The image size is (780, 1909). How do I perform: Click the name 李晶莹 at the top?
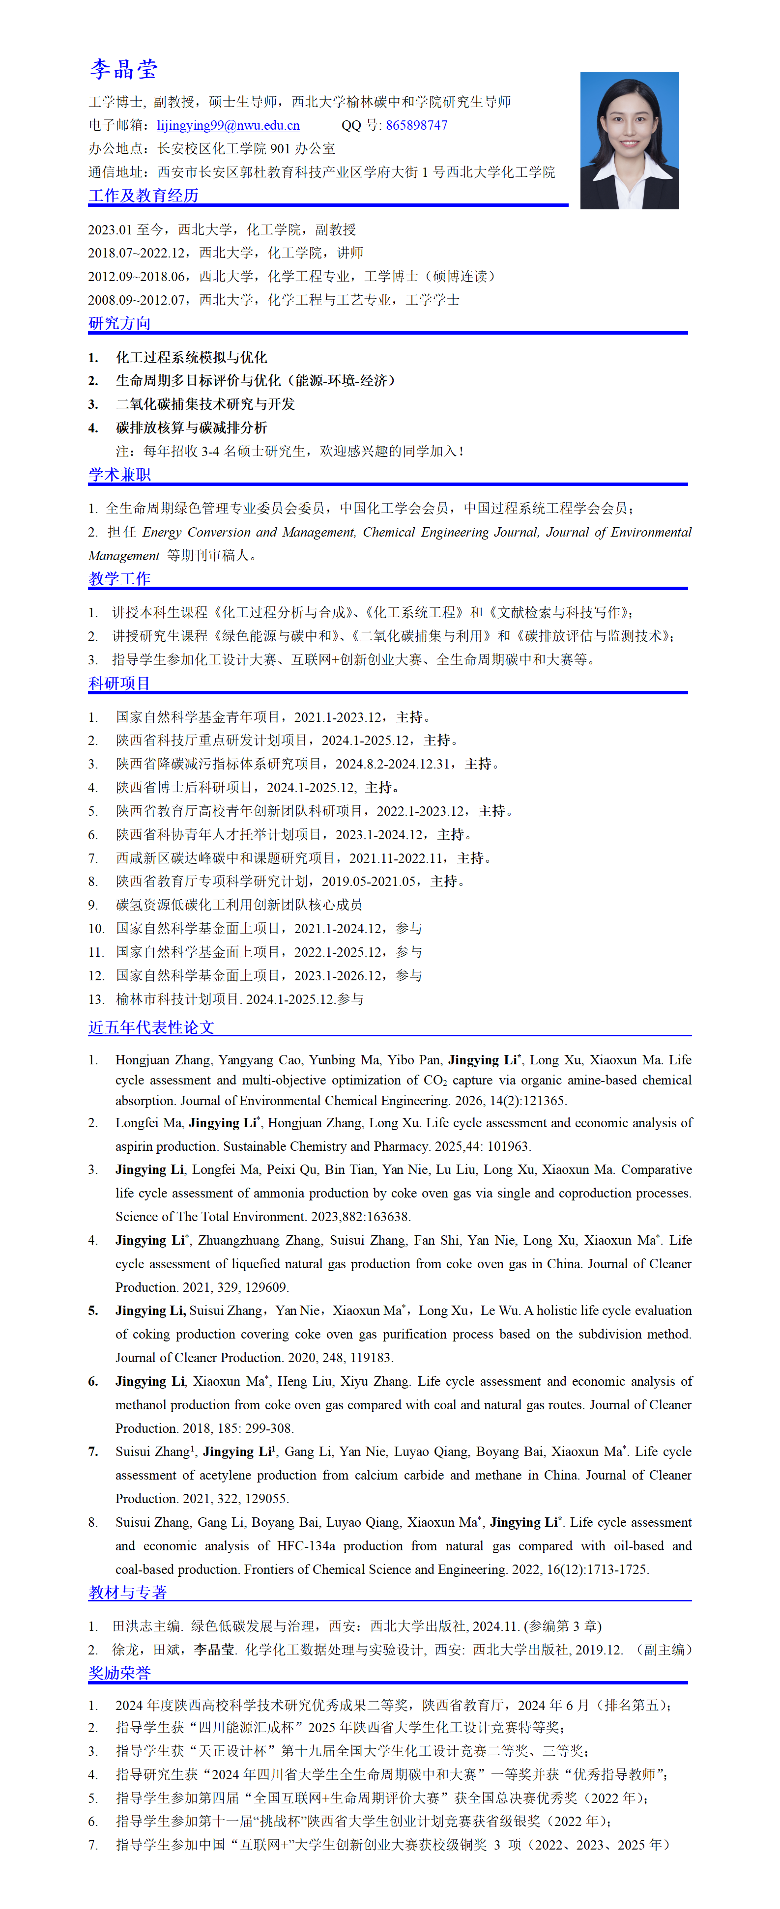point(124,70)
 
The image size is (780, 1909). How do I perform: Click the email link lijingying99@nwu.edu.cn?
point(229,125)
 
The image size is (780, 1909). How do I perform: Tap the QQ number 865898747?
point(417,125)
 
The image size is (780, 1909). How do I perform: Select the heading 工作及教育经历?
point(143,196)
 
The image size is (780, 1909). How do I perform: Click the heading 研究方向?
point(119,323)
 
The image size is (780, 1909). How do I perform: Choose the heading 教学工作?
point(119,579)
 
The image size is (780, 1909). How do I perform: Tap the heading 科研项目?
point(119,684)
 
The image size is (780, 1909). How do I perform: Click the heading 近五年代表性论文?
point(151,1027)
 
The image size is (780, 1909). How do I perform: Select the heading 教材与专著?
point(127,1592)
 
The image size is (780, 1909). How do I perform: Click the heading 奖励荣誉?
point(119,1673)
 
